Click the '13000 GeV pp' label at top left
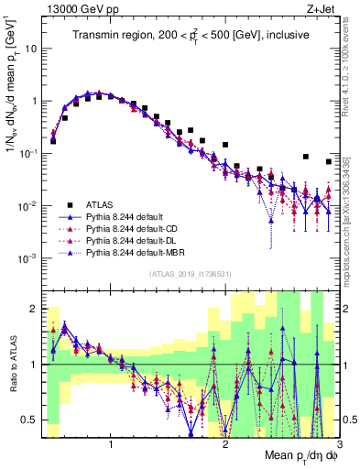[73, 8]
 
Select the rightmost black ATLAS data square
[329, 162]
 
